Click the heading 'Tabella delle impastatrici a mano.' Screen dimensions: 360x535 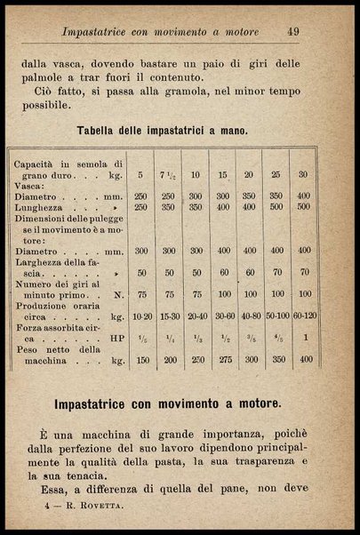pyautogui.click(x=163, y=131)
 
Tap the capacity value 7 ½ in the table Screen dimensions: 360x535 pyautogui.click(x=169, y=175)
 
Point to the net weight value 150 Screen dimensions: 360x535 pyautogui.click(x=141, y=362)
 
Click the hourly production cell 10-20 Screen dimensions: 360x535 pyautogui.click(x=141, y=315)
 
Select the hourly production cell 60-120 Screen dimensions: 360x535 pyautogui.click(x=304, y=315)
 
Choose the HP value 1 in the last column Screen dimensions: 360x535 pyautogui.click(x=304, y=339)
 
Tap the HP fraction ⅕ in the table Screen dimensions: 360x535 pyautogui.click(x=141, y=339)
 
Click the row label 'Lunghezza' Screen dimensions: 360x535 pyautogui.click(x=39, y=206)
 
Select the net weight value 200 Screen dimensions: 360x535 pyautogui.click(x=169, y=362)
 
